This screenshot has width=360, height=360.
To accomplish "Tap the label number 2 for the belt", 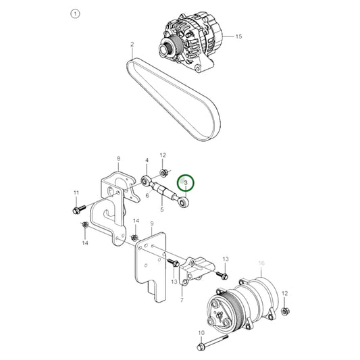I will point(132,45).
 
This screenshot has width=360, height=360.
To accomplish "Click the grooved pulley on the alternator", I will point(166,49).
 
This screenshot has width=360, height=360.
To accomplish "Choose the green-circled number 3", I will point(185,182).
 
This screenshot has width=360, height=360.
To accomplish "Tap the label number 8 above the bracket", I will point(119,159).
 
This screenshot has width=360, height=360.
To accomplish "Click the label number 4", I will point(147,160).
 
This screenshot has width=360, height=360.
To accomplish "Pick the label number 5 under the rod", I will point(161,210).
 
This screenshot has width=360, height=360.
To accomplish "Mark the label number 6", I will point(147,196).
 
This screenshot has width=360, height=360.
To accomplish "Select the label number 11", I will point(76,193).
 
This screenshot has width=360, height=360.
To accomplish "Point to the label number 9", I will point(152,224).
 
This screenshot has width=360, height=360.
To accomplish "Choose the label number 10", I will point(201,333).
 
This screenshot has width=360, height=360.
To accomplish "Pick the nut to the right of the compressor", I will point(286,311).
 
